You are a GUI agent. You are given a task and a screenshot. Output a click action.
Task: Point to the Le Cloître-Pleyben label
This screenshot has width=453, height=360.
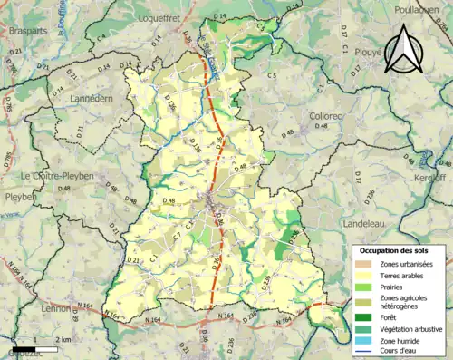pos(52,175)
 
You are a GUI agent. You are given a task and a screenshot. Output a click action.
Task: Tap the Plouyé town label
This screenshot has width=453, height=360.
pos(368,53)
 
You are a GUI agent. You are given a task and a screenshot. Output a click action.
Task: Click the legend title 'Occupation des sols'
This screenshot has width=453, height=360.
pos(393,249)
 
